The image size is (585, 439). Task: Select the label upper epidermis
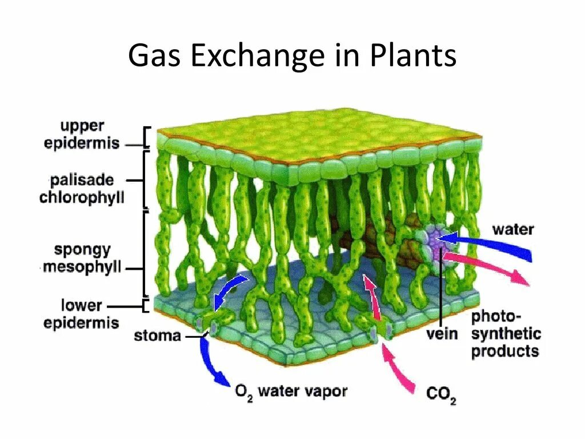(x=82, y=134)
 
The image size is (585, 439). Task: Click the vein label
(x=442, y=333)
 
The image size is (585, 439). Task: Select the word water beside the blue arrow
(x=512, y=230)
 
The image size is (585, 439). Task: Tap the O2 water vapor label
(x=291, y=392)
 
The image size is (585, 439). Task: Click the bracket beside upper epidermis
(x=147, y=138)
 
